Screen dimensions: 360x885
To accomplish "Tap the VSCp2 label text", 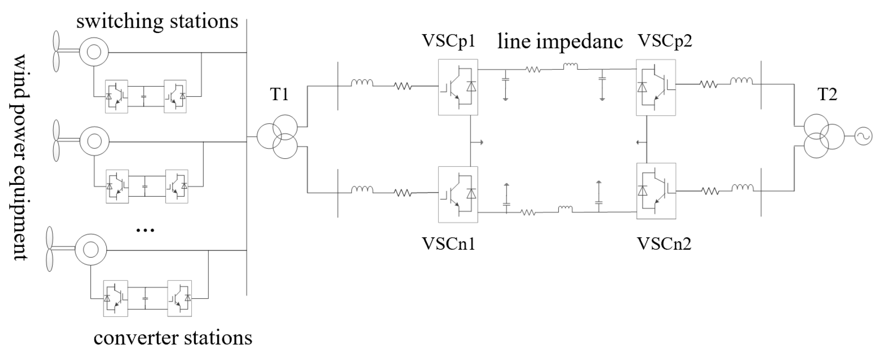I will [x=664, y=41].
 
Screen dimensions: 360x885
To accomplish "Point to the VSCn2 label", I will [x=664, y=244].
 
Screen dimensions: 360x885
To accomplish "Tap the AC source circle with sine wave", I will [x=862, y=136].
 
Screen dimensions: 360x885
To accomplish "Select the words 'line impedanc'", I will [x=560, y=42].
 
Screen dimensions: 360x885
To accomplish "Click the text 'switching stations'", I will [x=157, y=22].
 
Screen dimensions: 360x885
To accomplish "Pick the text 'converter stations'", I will [x=173, y=338].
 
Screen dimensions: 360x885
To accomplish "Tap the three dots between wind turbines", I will [x=146, y=230].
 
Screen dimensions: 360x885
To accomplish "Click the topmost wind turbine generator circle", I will [x=94, y=52].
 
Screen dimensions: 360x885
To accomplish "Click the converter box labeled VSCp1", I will [x=458, y=87].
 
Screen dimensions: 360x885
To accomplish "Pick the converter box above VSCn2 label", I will [x=656, y=191].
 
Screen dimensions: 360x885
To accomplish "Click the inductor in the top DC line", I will [x=570, y=66].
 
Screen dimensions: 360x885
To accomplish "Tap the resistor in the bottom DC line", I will [x=528, y=212].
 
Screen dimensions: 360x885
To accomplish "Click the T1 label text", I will [x=279, y=95].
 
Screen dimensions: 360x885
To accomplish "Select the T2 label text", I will [x=827, y=95].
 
